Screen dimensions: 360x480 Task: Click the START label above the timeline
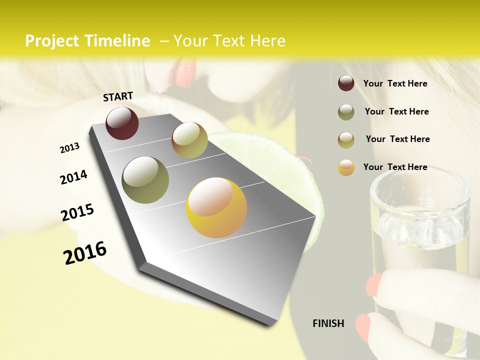118,96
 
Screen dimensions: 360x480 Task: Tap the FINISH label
328,323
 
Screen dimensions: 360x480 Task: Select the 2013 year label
69,148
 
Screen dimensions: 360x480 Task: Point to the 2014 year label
73,177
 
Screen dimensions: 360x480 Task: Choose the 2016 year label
85,253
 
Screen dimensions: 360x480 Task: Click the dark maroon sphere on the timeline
122,123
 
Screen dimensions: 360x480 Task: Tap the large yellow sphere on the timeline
216,207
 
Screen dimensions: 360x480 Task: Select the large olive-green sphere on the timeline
145,180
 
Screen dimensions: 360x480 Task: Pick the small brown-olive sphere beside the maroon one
189,140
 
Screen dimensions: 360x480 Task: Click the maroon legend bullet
346,83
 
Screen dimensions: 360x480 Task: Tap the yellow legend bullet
346,167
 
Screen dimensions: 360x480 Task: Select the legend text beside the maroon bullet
395,83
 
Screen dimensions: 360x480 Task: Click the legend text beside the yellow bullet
395,167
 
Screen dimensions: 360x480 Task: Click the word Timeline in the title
118,41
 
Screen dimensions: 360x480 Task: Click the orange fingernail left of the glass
374,285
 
